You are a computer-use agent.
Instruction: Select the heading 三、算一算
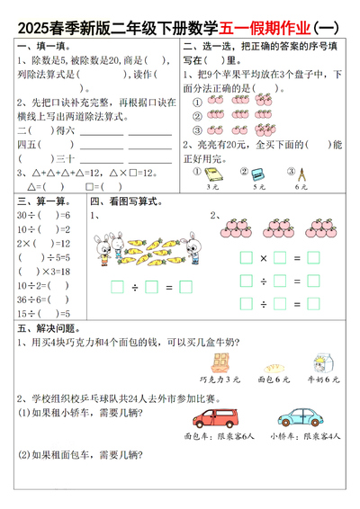(41, 201)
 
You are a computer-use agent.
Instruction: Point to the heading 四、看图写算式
(125, 201)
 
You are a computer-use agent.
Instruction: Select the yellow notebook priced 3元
(212, 173)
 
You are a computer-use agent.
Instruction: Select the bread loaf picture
(269, 367)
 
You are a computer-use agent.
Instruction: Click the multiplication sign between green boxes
(264, 258)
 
